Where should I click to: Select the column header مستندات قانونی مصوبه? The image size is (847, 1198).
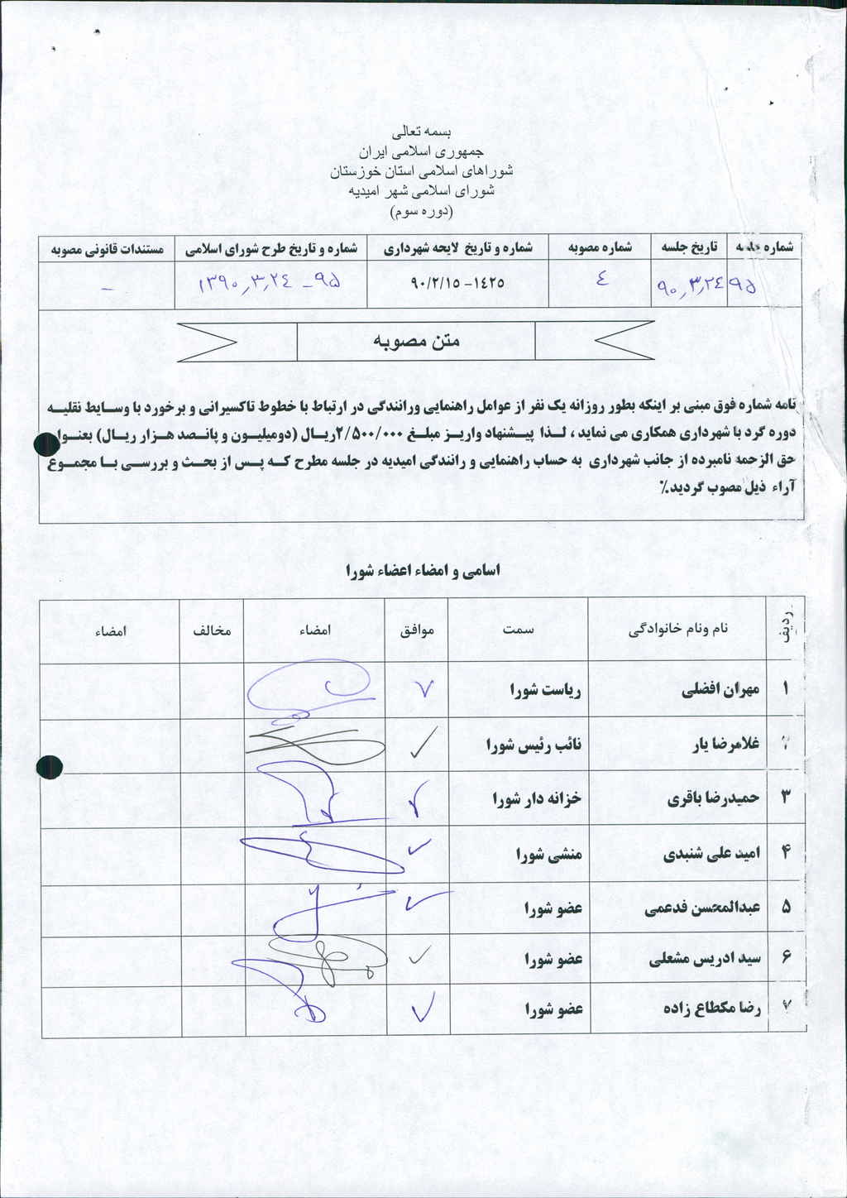(108, 248)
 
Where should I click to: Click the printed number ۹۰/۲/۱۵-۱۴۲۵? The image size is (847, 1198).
(457, 283)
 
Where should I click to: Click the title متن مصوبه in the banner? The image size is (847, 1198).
(416, 341)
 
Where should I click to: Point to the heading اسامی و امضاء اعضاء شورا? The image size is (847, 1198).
(423, 570)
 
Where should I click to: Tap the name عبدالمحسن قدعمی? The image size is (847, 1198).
(702, 908)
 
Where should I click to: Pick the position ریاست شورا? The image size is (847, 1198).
(546, 689)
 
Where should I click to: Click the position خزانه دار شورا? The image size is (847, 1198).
(538, 798)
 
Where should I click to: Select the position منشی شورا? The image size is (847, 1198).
(549, 854)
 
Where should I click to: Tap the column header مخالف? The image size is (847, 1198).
(212, 630)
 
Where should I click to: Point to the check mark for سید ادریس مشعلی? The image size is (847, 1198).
(419, 956)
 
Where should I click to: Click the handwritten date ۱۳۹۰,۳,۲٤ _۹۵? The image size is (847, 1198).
(270, 284)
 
